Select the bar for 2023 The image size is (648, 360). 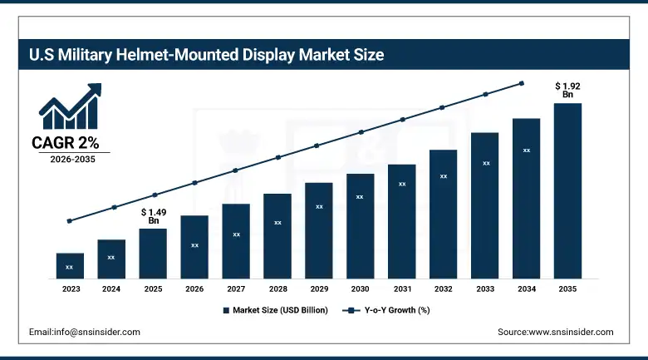coord(70,265)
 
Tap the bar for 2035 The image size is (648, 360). coord(567,190)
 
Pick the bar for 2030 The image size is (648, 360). coord(360,225)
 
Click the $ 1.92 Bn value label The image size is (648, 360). coord(567,90)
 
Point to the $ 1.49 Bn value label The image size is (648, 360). coord(153,216)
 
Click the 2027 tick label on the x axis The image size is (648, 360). coord(236,289)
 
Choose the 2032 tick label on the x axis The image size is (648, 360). coord(443,289)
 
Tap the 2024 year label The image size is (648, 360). coord(111,289)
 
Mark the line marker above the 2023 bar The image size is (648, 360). coord(70,221)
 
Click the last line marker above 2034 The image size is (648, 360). coord(522,83)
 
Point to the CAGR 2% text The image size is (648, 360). coord(66,143)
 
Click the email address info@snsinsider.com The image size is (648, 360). coord(84,332)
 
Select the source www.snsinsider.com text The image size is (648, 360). coord(555,332)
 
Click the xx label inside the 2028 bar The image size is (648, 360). coord(277,223)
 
